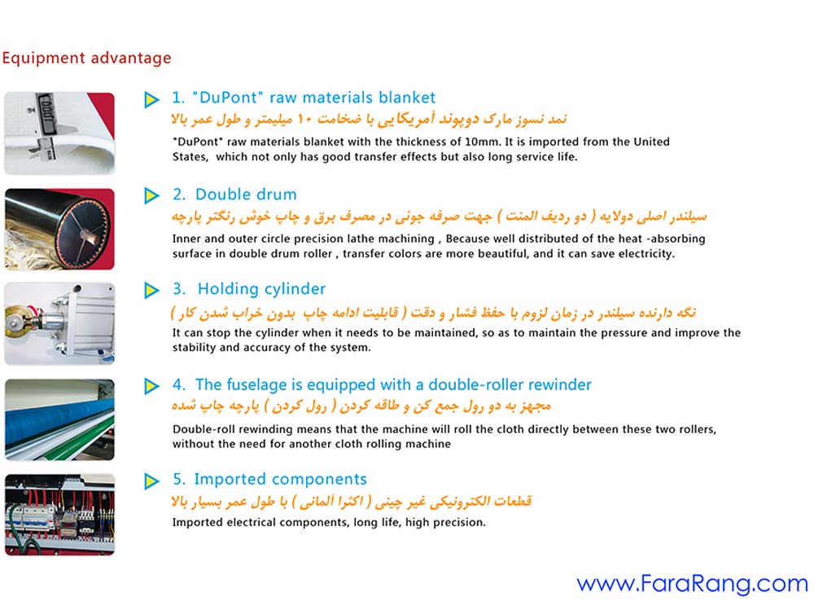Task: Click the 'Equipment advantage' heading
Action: (x=86, y=58)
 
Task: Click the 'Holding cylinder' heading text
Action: (x=261, y=289)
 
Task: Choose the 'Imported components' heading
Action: (x=280, y=479)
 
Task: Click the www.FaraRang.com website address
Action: (x=692, y=583)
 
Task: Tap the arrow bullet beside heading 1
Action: (x=151, y=99)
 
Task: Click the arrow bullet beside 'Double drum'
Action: (x=151, y=195)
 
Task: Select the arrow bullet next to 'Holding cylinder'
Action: (x=151, y=290)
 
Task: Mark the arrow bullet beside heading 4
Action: (x=151, y=385)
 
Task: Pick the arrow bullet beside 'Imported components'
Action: (x=151, y=480)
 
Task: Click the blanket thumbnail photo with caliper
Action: (x=59, y=133)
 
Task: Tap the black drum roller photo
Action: (x=59, y=228)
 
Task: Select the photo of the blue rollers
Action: (x=59, y=419)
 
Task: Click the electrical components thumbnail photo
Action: (x=59, y=514)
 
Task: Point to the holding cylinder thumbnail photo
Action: (x=59, y=323)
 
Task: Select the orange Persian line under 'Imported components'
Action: (x=352, y=501)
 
